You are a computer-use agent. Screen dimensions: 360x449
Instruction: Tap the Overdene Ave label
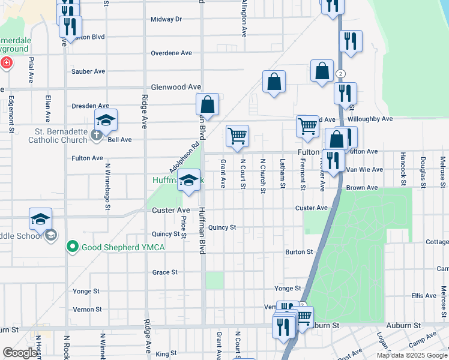point(171,53)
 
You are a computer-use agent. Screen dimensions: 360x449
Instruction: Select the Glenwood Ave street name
point(175,87)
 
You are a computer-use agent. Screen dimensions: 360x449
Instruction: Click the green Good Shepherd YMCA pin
point(73,246)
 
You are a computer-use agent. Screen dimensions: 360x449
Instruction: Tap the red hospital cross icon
point(6,62)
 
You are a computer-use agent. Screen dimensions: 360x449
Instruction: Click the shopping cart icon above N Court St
point(237,136)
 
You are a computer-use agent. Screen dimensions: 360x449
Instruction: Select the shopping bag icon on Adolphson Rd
point(207,104)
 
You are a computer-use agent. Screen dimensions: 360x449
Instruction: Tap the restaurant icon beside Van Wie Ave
point(333,160)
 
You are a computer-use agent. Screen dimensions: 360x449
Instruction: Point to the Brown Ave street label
point(361,188)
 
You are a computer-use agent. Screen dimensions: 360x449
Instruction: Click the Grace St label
point(165,272)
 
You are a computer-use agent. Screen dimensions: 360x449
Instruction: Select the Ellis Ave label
point(424,296)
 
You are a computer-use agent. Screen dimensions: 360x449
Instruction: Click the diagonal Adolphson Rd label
point(187,157)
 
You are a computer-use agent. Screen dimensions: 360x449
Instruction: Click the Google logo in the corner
point(20,353)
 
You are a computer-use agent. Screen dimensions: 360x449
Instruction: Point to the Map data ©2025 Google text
point(412,355)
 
